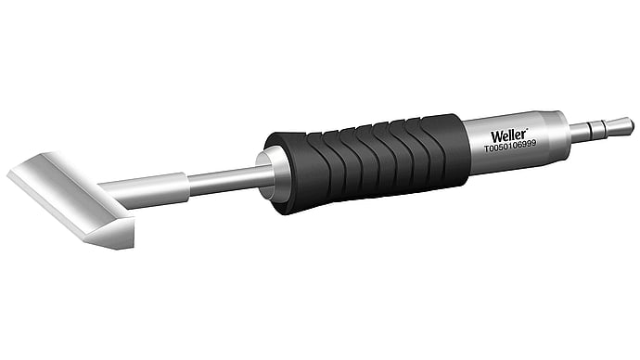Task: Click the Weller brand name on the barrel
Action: [508, 135]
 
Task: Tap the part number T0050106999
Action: [510, 146]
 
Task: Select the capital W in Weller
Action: [497, 136]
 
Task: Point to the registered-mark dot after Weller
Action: [527, 130]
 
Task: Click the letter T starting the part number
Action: [487, 149]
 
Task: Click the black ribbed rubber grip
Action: [366, 163]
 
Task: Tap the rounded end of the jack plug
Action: [623, 125]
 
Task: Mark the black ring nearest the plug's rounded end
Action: [606, 128]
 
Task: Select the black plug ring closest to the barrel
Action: [588, 131]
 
